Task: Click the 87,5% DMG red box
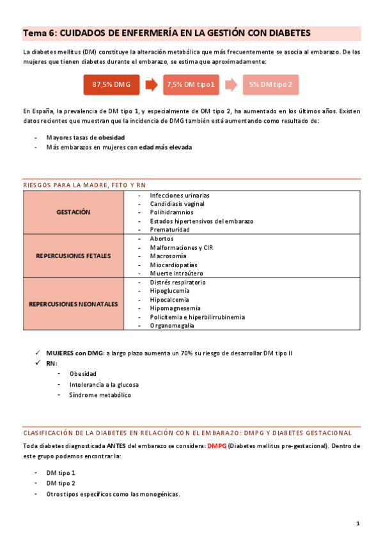coord(111,84)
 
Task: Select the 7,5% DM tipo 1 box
coord(191,84)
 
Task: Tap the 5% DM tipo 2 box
coord(270,84)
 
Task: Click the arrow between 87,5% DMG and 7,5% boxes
coord(152,84)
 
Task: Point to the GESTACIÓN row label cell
coord(74,212)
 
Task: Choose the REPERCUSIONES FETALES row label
coord(74,256)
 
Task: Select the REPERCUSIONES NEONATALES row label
coord(74,304)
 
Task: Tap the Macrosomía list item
coord(169,256)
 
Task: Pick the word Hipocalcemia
coord(170,299)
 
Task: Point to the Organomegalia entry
coord(172,325)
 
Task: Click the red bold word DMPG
coord(216,445)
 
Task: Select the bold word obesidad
coord(111,137)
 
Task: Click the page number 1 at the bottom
coord(358,523)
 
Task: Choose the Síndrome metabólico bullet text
coord(100,395)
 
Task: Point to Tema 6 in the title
coord(39,33)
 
